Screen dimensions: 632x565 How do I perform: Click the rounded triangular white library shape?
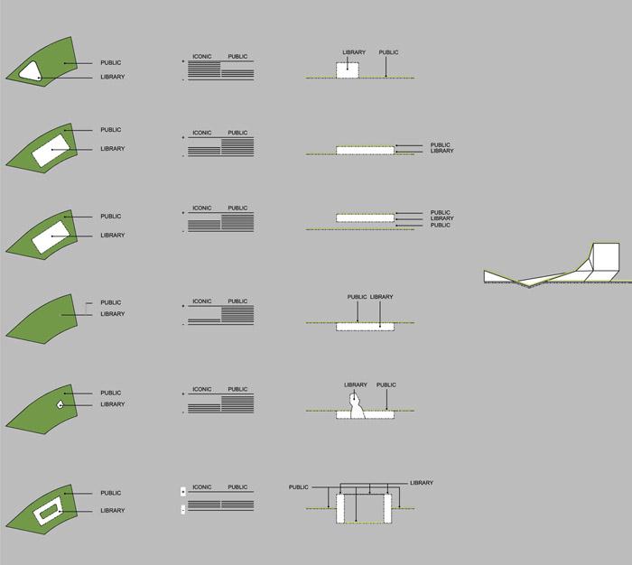[x=31, y=71]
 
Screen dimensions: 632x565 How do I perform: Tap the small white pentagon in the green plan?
[x=60, y=404]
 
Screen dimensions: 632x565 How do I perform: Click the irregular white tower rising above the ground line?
[x=357, y=406]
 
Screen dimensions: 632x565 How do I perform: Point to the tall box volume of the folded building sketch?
[x=606, y=257]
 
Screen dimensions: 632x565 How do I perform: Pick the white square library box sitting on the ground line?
[x=348, y=70]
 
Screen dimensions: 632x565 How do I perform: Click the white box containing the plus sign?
[x=183, y=492]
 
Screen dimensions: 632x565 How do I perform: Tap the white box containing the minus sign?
[x=183, y=510]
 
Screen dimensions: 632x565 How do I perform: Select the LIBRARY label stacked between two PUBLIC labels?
[x=441, y=218]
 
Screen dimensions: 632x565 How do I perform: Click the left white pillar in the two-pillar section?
[x=340, y=508]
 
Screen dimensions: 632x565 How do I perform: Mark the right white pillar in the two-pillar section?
[x=387, y=508]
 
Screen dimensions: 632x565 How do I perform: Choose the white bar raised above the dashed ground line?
[x=365, y=218]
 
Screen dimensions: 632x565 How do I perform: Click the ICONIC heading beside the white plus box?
[x=202, y=487]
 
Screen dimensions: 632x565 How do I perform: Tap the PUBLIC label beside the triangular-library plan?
[x=111, y=63]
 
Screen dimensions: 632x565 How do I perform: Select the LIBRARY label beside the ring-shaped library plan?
[x=113, y=511]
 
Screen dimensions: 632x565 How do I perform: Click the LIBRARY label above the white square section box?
[x=354, y=52]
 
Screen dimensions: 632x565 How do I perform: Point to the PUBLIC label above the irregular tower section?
[x=386, y=384]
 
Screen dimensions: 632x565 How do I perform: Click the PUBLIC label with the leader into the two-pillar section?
[x=298, y=487]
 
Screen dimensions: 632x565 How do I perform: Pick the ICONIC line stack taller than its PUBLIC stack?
[x=204, y=69]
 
